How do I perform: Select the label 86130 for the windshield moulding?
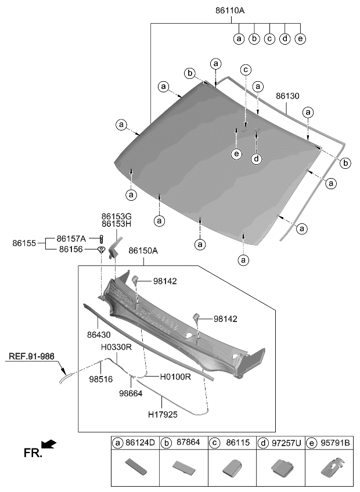287,96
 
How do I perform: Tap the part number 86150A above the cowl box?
143,251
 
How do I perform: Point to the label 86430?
100,335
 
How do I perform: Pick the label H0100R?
175,377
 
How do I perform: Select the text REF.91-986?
33,357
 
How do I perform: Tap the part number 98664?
131,393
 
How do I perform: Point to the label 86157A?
71,238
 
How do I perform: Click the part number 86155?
24,244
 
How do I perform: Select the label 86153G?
117,215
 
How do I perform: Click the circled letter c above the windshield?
246,70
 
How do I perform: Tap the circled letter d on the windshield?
255,159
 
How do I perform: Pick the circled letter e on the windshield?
236,154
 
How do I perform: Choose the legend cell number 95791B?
339,443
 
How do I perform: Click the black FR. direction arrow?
50,444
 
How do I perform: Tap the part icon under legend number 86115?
232,467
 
